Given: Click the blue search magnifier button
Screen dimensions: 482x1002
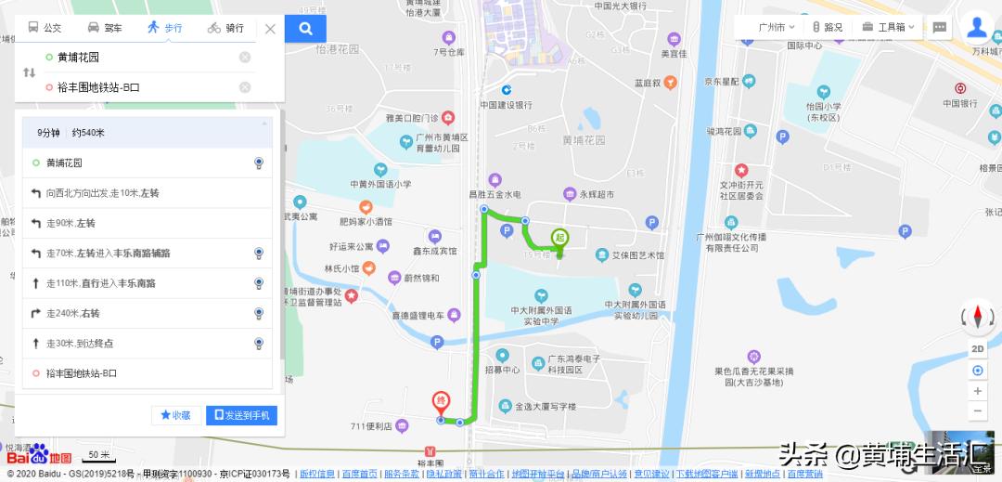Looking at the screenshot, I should [x=305, y=28].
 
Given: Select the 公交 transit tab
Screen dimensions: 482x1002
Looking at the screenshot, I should [x=45, y=28].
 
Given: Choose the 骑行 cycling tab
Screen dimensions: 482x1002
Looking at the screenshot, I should [x=225, y=28].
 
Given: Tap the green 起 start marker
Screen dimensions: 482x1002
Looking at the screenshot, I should [x=559, y=238].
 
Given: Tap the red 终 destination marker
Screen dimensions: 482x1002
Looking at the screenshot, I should [x=442, y=402].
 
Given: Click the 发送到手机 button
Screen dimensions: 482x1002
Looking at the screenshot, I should [x=241, y=415].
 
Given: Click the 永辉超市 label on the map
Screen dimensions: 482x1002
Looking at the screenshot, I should [x=597, y=194].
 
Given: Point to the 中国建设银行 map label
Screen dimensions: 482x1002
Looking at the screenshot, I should [x=507, y=105].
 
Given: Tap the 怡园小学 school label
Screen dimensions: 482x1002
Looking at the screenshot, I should [x=823, y=105].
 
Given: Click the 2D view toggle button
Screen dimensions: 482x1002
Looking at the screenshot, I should [x=978, y=348].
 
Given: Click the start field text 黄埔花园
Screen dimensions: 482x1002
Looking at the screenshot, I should [x=78, y=58].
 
